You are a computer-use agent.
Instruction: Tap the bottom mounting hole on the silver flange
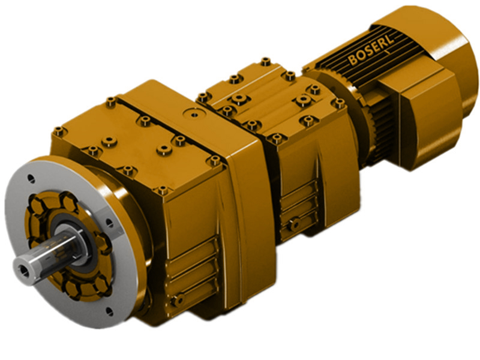click(109, 311)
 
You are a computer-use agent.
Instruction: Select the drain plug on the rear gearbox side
click(293, 225)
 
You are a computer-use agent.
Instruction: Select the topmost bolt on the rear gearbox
click(265, 61)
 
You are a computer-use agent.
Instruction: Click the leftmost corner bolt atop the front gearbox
click(59, 131)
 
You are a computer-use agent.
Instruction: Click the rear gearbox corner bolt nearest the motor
click(339, 103)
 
